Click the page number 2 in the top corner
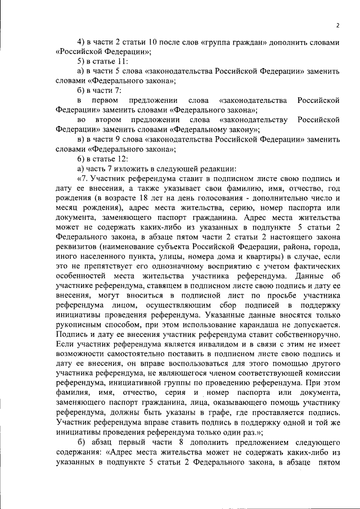[x=337, y=25]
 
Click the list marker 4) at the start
[x=81, y=43]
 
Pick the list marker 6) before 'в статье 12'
[x=81, y=158]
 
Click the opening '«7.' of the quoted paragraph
[x=84, y=177]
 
